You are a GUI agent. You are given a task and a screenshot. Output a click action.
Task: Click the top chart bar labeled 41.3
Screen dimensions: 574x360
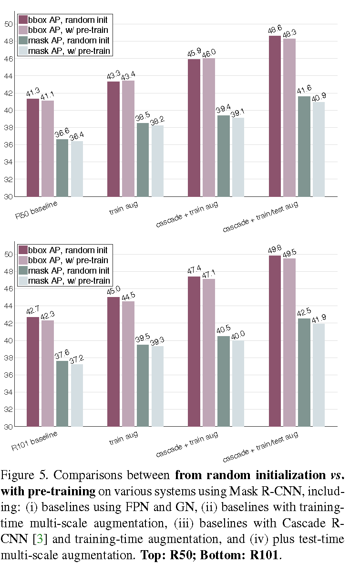click(x=33, y=147)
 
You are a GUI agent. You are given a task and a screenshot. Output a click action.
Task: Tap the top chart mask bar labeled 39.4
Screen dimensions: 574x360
click(x=224, y=156)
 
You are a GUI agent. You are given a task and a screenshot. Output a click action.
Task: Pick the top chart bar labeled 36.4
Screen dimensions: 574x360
click(x=77, y=169)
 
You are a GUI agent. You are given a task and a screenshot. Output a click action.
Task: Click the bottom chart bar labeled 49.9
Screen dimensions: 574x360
click(x=275, y=341)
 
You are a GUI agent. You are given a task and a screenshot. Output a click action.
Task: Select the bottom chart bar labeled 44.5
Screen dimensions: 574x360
click(x=128, y=364)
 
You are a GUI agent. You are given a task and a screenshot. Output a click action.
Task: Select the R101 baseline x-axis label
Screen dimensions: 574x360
click(x=35, y=441)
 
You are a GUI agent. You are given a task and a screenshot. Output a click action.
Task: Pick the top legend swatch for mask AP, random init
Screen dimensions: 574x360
click(x=22, y=40)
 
